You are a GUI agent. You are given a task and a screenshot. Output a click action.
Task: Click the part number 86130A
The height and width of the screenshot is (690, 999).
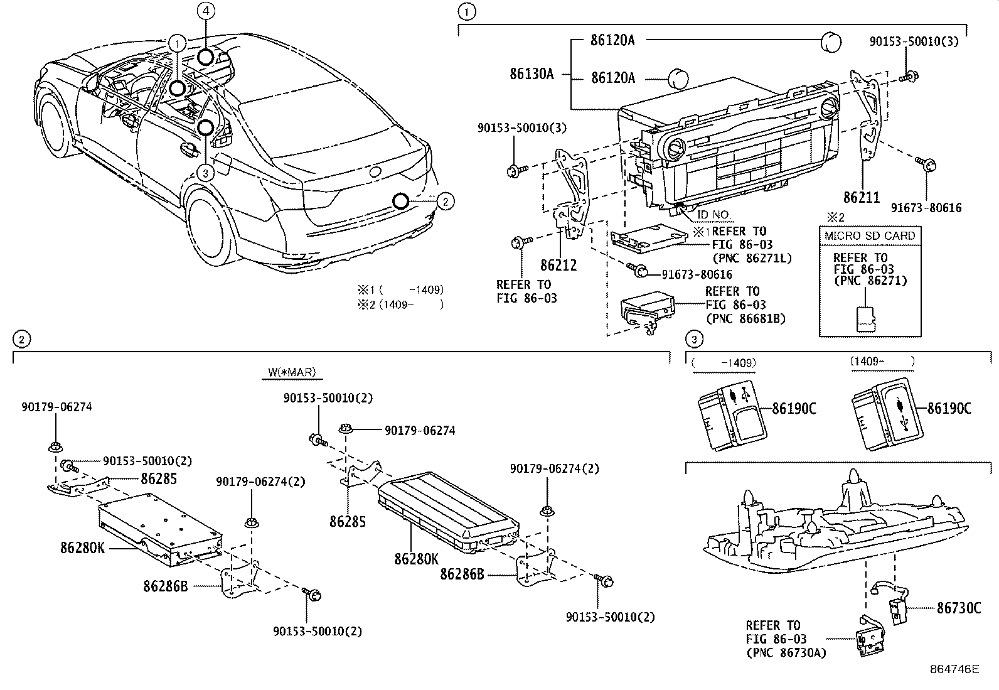click(x=531, y=74)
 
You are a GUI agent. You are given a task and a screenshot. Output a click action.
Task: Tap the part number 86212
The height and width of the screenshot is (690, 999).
click(x=558, y=265)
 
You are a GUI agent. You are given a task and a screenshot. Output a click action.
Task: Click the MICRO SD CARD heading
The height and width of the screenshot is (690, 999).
click(x=869, y=235)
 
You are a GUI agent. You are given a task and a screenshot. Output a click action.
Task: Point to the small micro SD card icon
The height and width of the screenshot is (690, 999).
click(x=867, y=318)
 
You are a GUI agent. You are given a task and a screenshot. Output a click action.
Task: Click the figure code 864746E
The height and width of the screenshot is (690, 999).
click(x=954, y=669)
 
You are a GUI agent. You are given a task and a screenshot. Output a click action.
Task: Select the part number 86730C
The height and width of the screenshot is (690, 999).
click(x=958, y=607)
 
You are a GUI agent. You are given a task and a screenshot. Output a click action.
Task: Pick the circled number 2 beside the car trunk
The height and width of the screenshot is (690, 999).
click(x=444, y=201)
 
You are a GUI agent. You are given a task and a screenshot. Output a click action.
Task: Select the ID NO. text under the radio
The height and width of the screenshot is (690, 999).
click(x=714, y=215)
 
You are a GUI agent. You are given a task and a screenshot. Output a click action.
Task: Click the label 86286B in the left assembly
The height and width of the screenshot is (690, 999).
click(x=165, y=586)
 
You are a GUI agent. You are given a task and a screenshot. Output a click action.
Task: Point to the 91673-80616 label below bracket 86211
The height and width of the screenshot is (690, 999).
click(x=926, y=207)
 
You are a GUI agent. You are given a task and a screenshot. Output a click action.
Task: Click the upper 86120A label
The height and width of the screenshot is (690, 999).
click(x=612, y=40)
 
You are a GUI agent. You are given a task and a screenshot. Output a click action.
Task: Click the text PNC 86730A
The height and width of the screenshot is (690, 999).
click(x=786, y=652)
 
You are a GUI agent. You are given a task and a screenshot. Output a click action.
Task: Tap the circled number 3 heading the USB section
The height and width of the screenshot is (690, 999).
click(x=693, y=340)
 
